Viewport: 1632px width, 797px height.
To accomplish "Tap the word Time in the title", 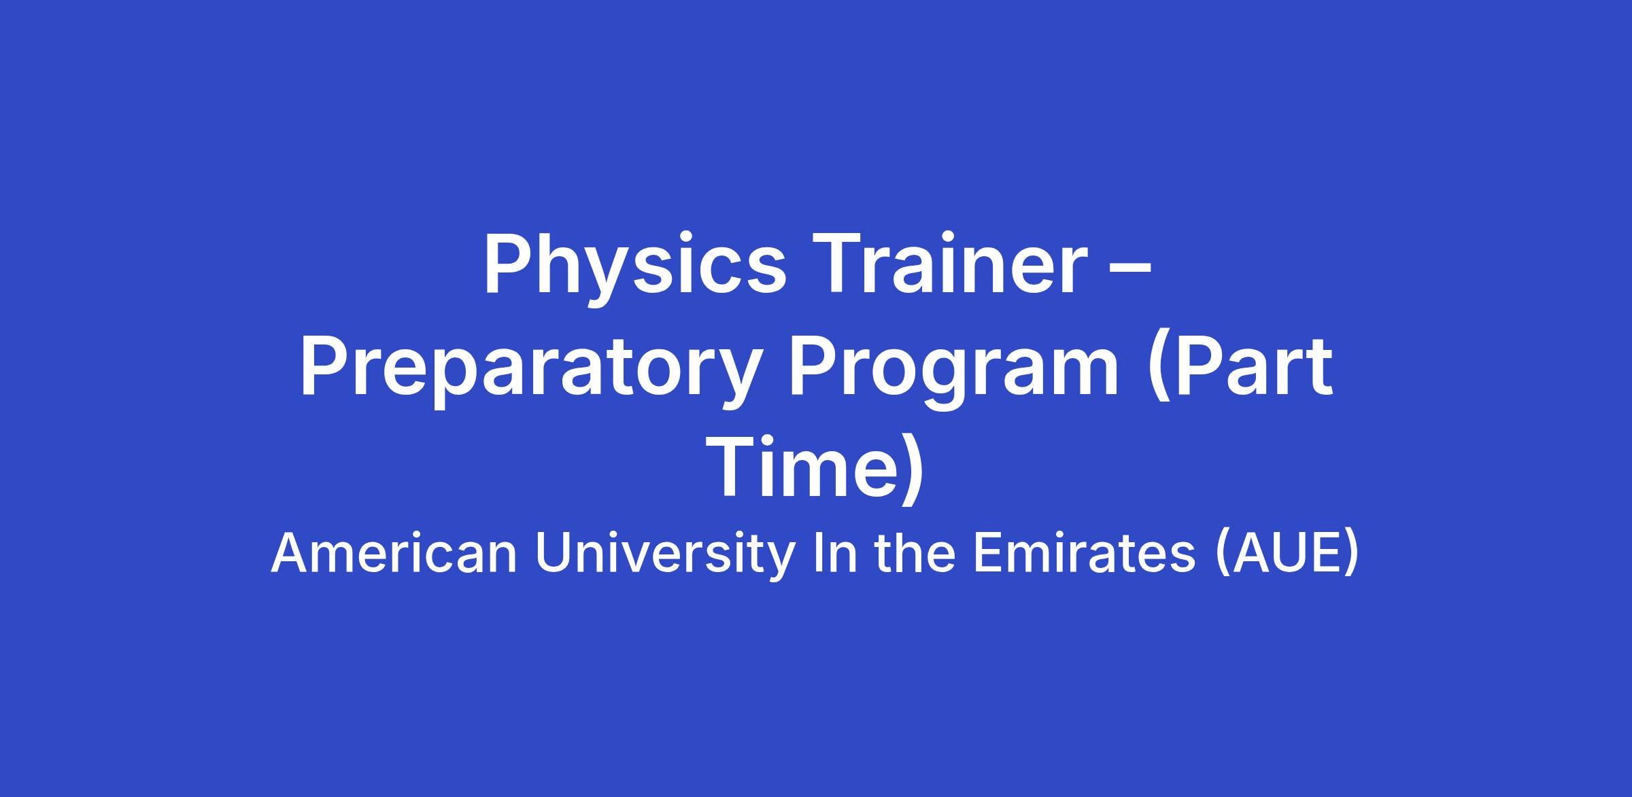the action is click(x=804, y=467).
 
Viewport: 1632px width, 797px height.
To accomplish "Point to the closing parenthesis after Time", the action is click(x=914, y=470).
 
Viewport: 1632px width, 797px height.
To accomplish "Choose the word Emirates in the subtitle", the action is click(x=1085, y=553).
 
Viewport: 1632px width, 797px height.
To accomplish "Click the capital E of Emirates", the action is click(x=988, y=553).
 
